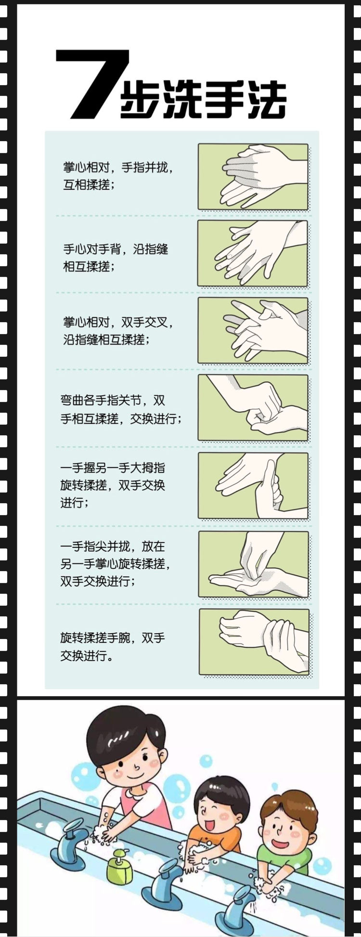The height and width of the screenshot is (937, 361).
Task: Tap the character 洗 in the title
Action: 183,100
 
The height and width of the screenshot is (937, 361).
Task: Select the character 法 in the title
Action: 266,100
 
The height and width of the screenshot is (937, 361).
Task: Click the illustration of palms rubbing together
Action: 253,177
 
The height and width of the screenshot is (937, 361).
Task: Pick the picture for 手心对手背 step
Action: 253,254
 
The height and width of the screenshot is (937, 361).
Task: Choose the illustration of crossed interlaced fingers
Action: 253,330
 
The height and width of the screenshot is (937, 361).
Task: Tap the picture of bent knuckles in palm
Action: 253,407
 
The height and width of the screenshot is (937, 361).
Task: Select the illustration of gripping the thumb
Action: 253,485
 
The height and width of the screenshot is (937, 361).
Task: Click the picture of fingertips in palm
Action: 254,564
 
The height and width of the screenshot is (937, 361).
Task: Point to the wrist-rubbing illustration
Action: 254,642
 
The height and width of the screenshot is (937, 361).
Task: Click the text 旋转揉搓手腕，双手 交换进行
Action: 113,647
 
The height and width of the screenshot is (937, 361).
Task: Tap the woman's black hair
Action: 125,732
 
